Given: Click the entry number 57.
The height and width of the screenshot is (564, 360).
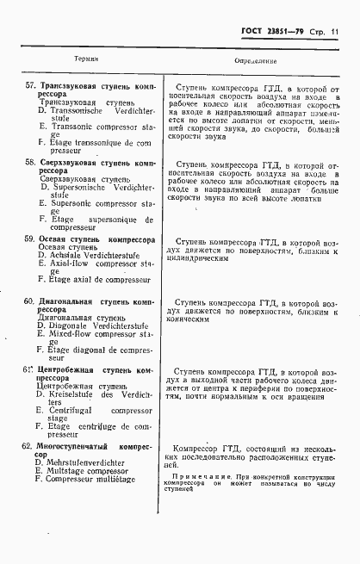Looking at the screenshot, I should click(x=30, y=87).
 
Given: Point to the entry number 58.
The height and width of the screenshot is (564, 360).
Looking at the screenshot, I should click(x=30, y=162).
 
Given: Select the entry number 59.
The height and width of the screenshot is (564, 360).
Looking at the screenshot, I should click(x=30, y=239).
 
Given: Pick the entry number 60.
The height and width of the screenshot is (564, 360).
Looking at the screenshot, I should click(x=30, y=303).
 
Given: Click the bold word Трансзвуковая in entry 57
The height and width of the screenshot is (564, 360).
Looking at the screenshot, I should click(x=68, y=87).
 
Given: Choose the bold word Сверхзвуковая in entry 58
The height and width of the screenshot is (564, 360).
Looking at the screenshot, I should click(x=67, y=162).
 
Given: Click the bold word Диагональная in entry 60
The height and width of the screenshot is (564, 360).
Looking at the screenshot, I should click(x=69, y=303).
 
